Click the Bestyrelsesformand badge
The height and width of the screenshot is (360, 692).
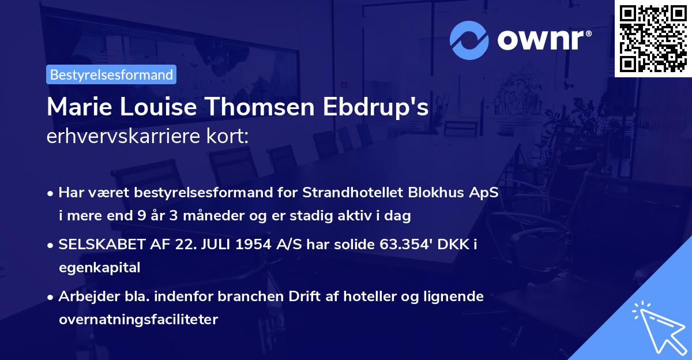(111, 74)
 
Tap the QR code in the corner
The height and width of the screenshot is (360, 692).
(653, 39)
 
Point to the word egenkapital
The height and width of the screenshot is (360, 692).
(99, 268)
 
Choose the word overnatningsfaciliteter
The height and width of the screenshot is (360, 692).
(138, 320)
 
